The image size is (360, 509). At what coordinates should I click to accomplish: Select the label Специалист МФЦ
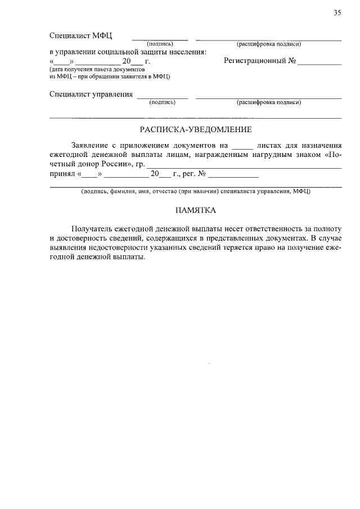pos(81,35)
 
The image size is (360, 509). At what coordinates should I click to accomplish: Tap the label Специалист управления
pos(91,94)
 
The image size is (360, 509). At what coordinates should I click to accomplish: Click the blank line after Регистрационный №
pos(319,62)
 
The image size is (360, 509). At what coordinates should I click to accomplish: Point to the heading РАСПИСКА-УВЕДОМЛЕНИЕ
pos(196,130)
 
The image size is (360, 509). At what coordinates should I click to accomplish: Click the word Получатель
pos(93,229)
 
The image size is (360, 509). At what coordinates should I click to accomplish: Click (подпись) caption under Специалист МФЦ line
pos(160,44)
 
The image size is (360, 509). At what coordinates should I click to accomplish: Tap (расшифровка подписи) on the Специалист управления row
pos(268,102)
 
